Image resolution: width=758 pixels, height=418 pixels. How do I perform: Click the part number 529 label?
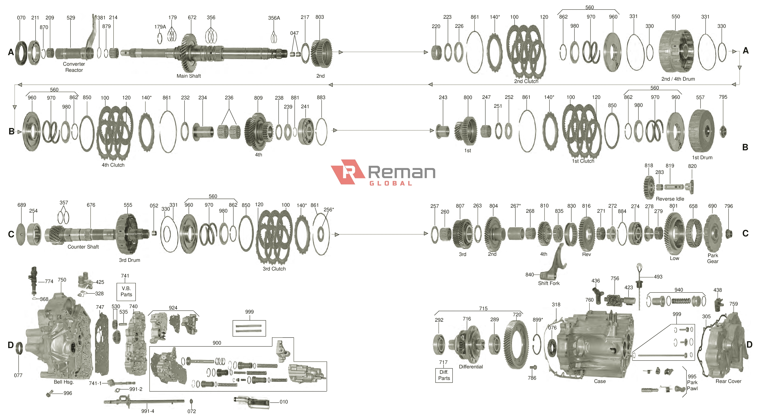71,18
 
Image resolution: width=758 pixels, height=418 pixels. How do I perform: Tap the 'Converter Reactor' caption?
74,67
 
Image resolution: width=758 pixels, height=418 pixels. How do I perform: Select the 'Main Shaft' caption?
189,76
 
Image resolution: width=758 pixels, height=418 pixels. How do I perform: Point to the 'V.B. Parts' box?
126,292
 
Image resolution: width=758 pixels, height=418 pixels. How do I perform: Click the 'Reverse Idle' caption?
670,199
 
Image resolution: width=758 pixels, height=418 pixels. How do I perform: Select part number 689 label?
22,205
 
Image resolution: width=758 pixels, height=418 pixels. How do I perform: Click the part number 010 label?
284,402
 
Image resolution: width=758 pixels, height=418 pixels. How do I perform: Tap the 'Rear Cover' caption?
728,381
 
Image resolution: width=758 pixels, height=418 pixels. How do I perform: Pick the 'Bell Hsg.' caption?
64,382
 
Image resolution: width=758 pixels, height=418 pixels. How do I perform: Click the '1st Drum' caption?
702,158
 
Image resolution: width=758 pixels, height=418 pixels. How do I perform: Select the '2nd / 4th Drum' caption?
678,79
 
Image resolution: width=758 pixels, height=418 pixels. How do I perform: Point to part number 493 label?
658,277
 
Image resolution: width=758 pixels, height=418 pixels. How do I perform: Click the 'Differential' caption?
471,367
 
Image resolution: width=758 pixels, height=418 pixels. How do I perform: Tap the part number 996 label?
68,393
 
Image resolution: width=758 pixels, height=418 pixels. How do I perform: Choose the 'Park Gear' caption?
713,258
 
